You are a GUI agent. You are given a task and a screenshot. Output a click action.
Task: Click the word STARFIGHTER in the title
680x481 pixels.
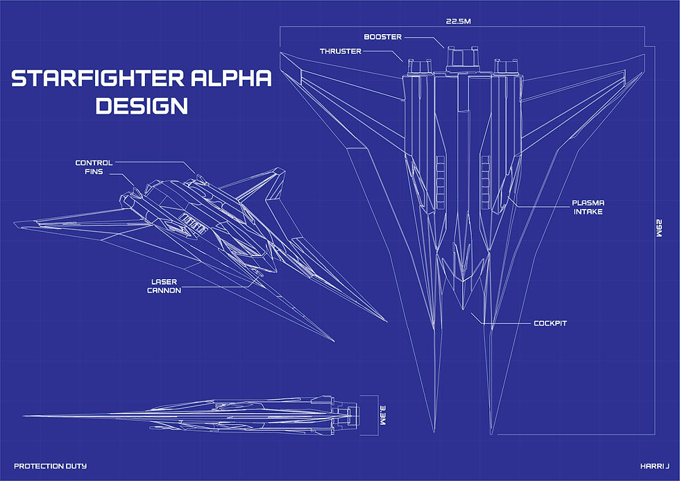point(99,78)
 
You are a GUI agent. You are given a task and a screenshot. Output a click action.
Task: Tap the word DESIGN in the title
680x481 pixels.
point(142,106)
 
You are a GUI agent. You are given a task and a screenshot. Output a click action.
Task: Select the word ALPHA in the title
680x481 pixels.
point(231,78)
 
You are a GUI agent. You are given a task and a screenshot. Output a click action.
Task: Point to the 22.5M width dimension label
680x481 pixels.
point(459,21)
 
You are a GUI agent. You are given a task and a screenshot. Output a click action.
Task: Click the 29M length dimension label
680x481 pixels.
point(658,228)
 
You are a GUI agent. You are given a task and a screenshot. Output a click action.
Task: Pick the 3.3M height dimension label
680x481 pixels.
point(383,415)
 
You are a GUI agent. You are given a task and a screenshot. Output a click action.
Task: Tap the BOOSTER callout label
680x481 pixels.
point(383,37)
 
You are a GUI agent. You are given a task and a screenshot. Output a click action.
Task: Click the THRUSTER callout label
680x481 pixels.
point(341,51)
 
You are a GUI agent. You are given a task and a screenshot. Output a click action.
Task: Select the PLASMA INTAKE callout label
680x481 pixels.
point(588,208)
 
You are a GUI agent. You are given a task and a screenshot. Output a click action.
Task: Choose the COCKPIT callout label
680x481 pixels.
point(550,323)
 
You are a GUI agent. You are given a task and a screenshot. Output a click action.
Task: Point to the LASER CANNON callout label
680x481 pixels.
point(164,286)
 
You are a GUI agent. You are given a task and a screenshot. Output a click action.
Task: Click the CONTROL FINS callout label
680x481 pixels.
point(94,167)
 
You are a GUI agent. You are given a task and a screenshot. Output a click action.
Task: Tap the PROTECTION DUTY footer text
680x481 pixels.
point(50,466)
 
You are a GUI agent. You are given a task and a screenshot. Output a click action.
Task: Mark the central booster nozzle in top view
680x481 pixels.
point(463,58)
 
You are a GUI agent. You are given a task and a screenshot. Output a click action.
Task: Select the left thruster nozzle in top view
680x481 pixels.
point(419,67)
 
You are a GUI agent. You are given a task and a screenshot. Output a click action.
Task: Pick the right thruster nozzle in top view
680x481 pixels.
point(506,67)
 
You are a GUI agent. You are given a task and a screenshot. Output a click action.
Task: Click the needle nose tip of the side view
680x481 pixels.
point(24,416)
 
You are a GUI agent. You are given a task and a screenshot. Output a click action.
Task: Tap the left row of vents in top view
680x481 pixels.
point(440,183)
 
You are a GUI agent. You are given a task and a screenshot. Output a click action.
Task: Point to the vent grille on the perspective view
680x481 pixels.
point(193,223)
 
